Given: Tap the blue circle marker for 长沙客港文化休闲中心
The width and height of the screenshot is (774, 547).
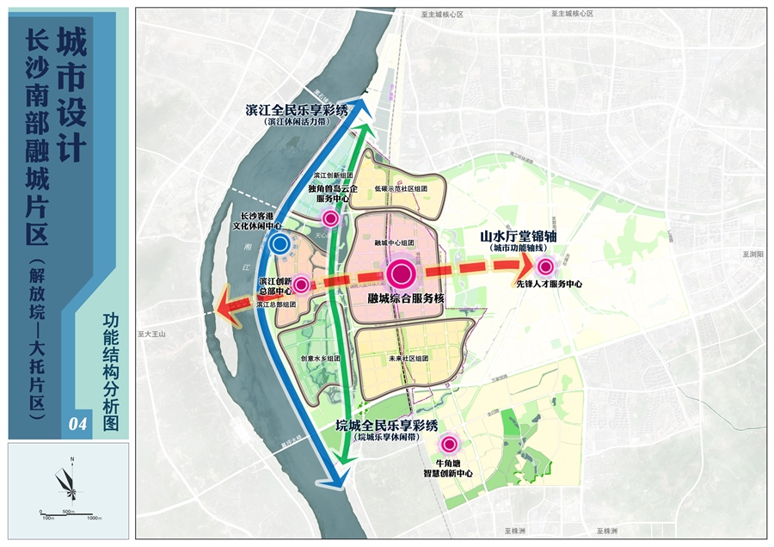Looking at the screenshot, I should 279,244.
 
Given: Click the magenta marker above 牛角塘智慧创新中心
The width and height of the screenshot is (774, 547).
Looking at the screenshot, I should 448,445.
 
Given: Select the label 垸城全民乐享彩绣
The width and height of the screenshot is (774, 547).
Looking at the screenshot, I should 387,426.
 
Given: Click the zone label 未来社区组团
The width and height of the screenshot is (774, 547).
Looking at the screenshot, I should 408,358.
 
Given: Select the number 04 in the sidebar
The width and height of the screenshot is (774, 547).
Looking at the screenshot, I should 78,423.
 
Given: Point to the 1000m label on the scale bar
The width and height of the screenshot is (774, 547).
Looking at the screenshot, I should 95,517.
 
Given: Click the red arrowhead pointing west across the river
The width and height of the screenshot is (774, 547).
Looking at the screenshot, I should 226,304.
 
